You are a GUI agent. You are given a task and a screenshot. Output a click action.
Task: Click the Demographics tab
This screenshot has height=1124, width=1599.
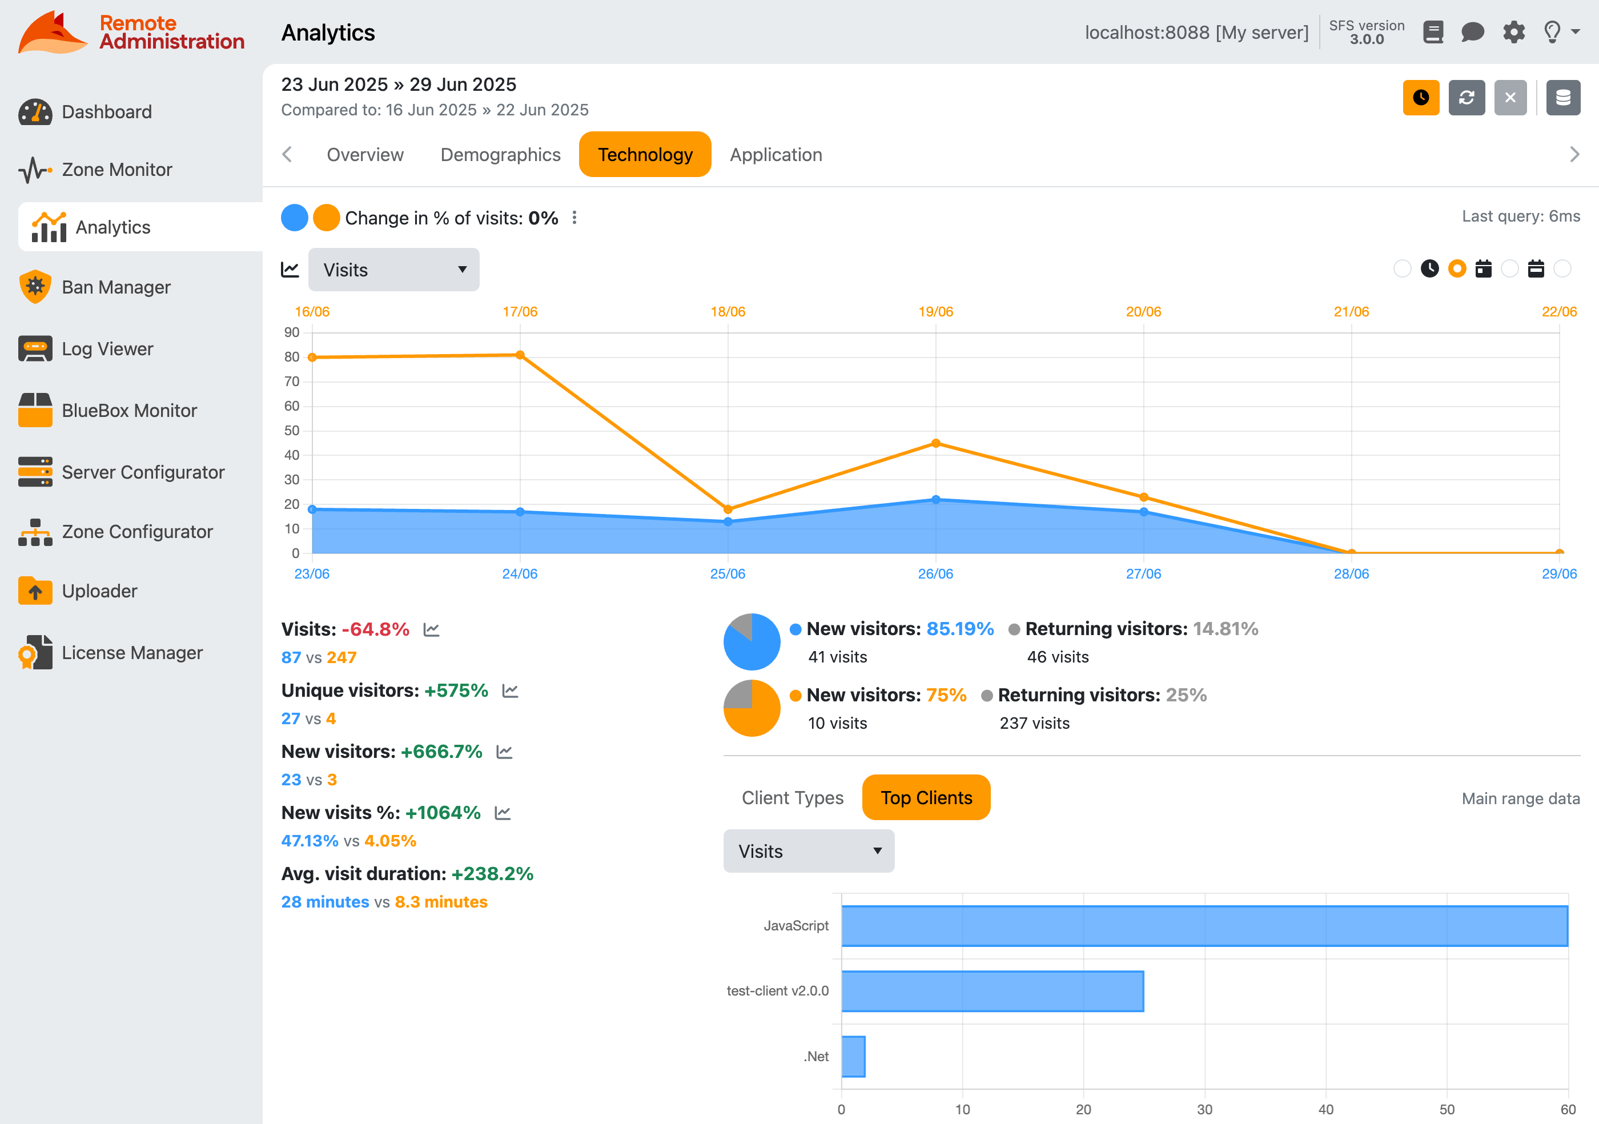500,155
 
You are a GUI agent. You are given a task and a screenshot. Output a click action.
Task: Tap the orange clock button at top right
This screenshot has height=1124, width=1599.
1420,98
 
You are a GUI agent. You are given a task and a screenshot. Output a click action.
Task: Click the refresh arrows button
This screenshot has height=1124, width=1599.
1466,98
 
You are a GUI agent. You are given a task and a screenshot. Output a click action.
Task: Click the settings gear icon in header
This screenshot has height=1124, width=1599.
1513,32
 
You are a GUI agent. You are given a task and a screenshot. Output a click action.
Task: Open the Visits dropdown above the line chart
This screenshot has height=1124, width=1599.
393,270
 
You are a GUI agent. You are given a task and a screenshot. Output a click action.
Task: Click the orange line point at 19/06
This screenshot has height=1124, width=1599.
935,443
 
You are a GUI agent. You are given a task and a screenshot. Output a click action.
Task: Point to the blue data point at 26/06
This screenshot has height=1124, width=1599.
935,499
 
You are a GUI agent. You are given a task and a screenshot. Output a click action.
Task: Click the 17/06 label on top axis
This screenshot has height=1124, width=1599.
520,311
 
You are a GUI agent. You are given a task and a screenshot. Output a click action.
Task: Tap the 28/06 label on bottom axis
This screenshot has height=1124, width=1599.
1351,574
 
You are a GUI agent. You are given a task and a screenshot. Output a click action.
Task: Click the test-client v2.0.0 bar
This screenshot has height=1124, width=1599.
992,991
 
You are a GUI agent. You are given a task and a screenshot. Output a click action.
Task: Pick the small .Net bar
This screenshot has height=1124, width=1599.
853,1057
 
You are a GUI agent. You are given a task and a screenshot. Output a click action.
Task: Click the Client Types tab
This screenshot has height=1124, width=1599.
792,797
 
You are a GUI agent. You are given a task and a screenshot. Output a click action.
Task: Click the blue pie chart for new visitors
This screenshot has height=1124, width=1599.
751,642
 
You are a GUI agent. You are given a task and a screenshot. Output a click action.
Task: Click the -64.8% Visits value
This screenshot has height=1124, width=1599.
375,629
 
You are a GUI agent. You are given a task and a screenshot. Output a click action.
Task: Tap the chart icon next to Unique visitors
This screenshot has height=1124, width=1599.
510,691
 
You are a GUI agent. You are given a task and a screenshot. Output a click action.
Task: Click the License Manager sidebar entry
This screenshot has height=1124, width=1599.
131,653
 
